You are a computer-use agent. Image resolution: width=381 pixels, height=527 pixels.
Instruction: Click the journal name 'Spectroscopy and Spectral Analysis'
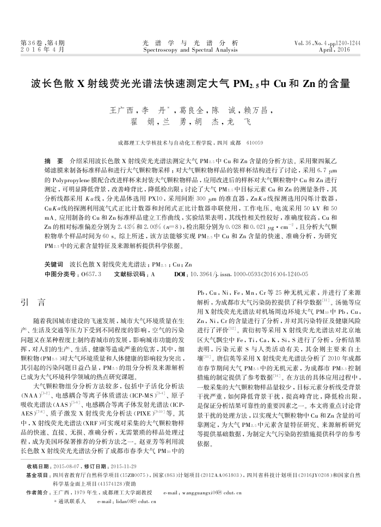[x=190, y=49]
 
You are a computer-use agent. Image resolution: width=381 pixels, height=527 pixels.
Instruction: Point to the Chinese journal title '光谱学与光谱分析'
[x=190, y=43]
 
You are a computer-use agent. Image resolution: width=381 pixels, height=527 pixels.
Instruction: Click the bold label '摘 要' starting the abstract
[x=53, y=162]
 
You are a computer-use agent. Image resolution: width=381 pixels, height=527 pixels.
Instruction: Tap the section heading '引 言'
[x=32, y=300]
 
